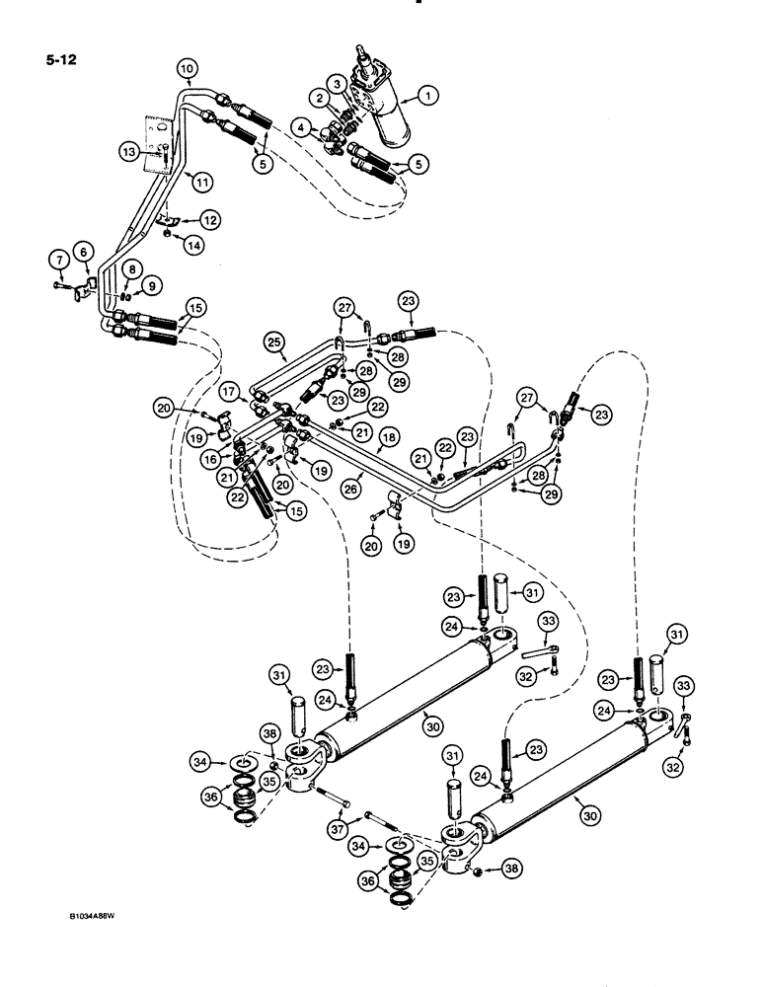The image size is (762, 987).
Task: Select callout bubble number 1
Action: coord(427,97)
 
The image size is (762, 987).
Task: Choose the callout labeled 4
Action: coord(301,126)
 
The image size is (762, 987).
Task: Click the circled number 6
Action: coord(84,254)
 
